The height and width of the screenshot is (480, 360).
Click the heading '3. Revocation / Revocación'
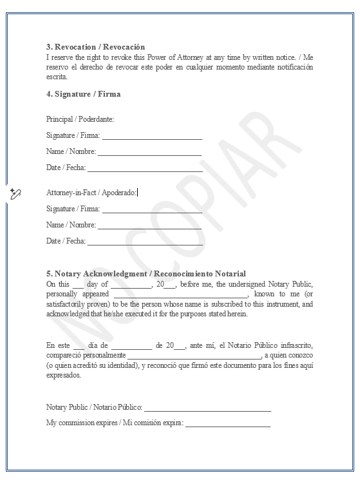click(x=95, y=47)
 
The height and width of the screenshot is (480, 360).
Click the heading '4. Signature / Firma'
click(x=83, y=94)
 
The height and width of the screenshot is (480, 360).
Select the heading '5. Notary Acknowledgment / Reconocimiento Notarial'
click(x=146, y=274)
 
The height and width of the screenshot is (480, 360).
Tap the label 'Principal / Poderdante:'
click(x=80, y=119)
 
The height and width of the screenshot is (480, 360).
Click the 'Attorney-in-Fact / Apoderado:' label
click(x=91, y=193)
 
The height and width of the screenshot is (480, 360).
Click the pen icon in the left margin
click(x=16, y=193)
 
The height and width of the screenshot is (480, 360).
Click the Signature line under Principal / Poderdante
click(x=152, y=137)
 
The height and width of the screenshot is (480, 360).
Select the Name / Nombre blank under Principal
click(x=149, y=153)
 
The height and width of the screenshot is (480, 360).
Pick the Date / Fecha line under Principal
click(x=145, y=169)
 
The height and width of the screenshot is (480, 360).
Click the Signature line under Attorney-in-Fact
click(x=152, y=210)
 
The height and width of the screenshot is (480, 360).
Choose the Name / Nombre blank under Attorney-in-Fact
click(x=149, y=226)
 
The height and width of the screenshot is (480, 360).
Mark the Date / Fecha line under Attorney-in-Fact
click(x=145, y=242)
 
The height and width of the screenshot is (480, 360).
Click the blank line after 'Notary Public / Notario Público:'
click(x=207, y=408)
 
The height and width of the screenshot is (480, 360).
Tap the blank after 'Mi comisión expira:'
click(x=228, y=425)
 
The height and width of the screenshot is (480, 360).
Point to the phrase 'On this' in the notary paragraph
click(x=58, y=284)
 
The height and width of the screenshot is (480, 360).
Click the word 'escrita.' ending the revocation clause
click(x=57, y=76)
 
